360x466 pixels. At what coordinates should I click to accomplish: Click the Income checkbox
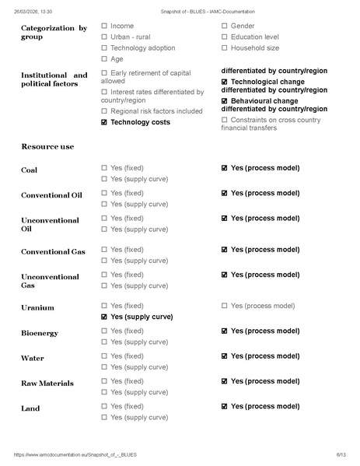point(104,26)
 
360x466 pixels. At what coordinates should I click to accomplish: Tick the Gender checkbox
point(225,26)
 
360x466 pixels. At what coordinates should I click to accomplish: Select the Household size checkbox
point(225,48)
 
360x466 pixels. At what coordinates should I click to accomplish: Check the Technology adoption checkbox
point(104,48)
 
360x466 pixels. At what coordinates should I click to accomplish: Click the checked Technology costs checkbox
point(104,122)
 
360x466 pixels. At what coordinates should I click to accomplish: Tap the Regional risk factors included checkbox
point(104,111)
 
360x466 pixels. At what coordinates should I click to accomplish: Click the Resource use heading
point(47,146)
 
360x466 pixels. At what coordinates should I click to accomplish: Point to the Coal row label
point(29,170)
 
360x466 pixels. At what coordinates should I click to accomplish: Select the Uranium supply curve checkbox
point(104,317)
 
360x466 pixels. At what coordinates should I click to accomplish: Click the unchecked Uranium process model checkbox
point(225,306)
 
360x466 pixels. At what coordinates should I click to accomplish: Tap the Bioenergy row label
point(40,333)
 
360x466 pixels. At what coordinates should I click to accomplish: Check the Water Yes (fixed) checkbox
point(104,356)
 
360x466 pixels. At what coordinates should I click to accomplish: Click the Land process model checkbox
point(225,406)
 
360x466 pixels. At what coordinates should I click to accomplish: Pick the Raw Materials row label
point(47,384)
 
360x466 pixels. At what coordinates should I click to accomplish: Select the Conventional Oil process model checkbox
point(225,193)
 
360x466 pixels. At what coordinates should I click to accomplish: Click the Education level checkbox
point(225,37)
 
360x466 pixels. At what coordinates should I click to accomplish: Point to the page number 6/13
point(340,454)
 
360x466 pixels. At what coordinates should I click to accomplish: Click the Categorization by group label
point(54,33)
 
